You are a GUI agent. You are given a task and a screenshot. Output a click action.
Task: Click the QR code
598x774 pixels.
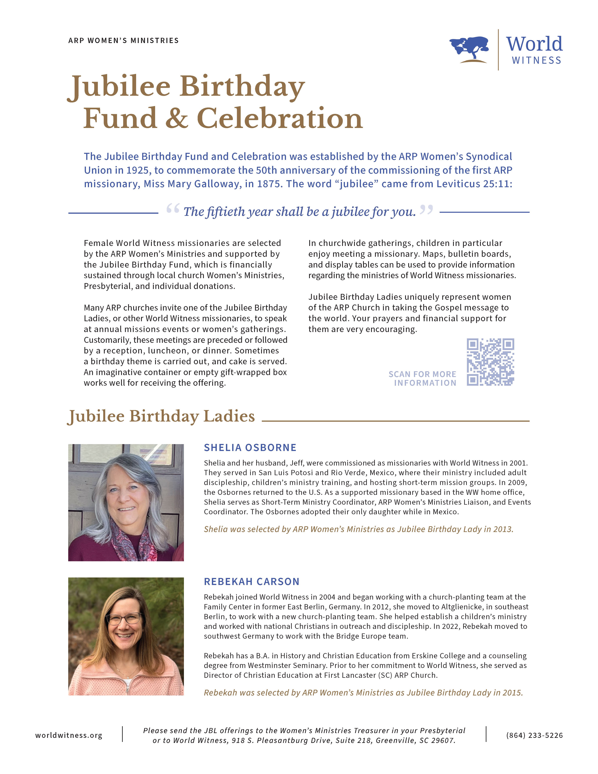tap(490, 362)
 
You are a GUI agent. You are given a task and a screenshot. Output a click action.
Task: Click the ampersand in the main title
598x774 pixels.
tap(176, 118)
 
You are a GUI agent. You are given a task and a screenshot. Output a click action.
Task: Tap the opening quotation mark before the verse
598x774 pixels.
tap(173, 209)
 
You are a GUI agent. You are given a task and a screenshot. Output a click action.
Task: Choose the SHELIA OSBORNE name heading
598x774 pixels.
tap(250, 448)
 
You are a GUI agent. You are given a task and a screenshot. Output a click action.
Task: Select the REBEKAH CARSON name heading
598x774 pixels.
tap(251, 582)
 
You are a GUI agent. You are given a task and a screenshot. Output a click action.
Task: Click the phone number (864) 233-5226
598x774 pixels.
tap(534, 735)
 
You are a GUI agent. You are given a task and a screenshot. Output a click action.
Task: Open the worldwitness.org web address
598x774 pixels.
tap(69, 735)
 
